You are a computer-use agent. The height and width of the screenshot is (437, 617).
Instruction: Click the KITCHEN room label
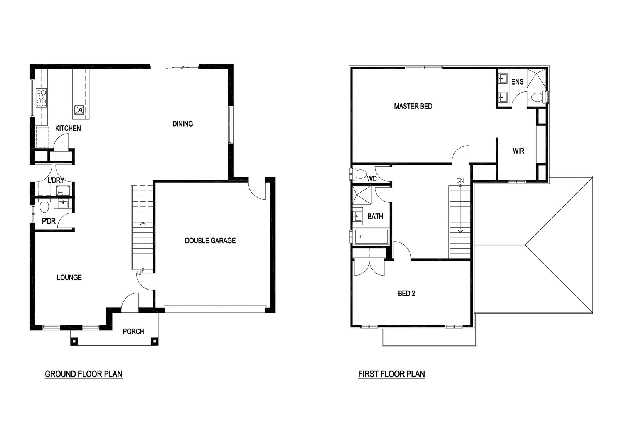tap(68, 128)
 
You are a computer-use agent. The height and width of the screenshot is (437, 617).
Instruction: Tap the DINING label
tap(183, 124)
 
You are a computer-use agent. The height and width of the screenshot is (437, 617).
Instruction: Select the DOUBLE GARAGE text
tap(210, 241)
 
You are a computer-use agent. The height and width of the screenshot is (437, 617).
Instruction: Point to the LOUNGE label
tap(69, 277)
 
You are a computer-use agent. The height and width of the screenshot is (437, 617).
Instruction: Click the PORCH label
tap(133, 331)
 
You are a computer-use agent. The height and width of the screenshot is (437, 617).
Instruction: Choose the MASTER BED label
tap(413, 106)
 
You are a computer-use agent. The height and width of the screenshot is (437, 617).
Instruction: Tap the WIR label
tap(518, 151)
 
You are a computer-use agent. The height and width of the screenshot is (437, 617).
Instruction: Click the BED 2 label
tap(406, 294)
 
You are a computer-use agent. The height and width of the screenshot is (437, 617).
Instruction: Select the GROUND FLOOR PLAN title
tap(83, 374)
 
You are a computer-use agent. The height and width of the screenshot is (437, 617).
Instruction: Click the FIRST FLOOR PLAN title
tap(391, 374)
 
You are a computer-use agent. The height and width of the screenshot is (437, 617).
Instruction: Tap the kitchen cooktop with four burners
tap(41, 98)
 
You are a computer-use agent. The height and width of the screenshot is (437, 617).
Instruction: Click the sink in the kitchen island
tap(79, 110)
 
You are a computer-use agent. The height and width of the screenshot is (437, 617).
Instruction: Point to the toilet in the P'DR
tap(44, 206)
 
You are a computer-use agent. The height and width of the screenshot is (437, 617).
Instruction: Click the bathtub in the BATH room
tap(371, 237)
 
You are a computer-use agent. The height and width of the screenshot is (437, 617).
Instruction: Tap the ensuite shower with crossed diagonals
tap(536, 79)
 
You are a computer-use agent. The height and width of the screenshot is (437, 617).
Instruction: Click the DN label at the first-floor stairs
tap(460, 181)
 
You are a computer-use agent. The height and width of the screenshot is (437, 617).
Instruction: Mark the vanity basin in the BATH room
tap(358, 216)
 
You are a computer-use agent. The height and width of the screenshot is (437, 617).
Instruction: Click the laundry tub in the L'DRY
tap(63, 191)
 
